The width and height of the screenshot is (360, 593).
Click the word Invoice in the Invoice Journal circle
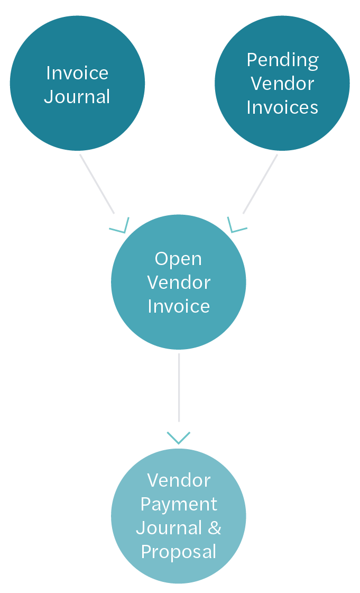(x=77, y=72)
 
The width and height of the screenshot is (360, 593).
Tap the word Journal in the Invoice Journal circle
(x=77, y=97)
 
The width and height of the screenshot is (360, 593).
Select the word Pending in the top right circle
(x=282, y=60)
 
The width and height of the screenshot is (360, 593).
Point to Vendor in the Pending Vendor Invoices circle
(x=282, y=84)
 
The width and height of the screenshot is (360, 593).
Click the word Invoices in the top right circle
(x=282, y=107)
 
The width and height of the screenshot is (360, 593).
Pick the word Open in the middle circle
(x=178, y=259)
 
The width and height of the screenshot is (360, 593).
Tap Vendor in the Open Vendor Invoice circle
(x=179, y=282)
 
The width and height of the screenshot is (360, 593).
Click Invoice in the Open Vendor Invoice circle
(x=179, y=306)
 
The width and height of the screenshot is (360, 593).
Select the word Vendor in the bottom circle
(x=179, y=480)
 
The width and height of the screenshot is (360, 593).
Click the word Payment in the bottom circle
(x=179, y=504)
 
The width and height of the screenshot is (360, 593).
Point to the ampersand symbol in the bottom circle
(x=214, y=528)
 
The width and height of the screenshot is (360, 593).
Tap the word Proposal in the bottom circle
(x=179, y=552)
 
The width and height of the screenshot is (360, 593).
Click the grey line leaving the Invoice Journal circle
(x=97, y=184)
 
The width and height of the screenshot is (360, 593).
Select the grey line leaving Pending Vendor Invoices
(x=260, y=184)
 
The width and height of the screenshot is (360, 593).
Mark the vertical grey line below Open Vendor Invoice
(x=179, y=387)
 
